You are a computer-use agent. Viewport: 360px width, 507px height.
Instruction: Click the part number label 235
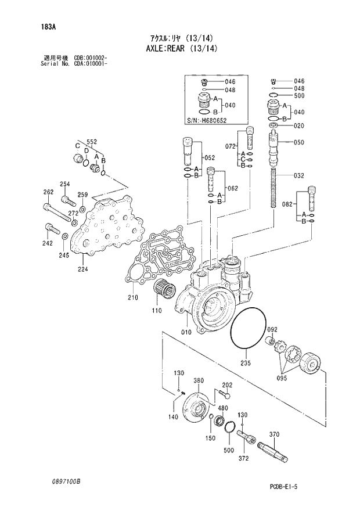245,364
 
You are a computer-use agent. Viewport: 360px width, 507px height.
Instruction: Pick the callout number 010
185,333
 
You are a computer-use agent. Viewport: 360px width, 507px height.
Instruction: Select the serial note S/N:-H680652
207,120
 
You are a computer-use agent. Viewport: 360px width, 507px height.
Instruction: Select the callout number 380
199,381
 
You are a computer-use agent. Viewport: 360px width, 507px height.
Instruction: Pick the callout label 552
92,142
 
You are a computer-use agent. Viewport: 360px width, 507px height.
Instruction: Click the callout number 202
227,384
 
